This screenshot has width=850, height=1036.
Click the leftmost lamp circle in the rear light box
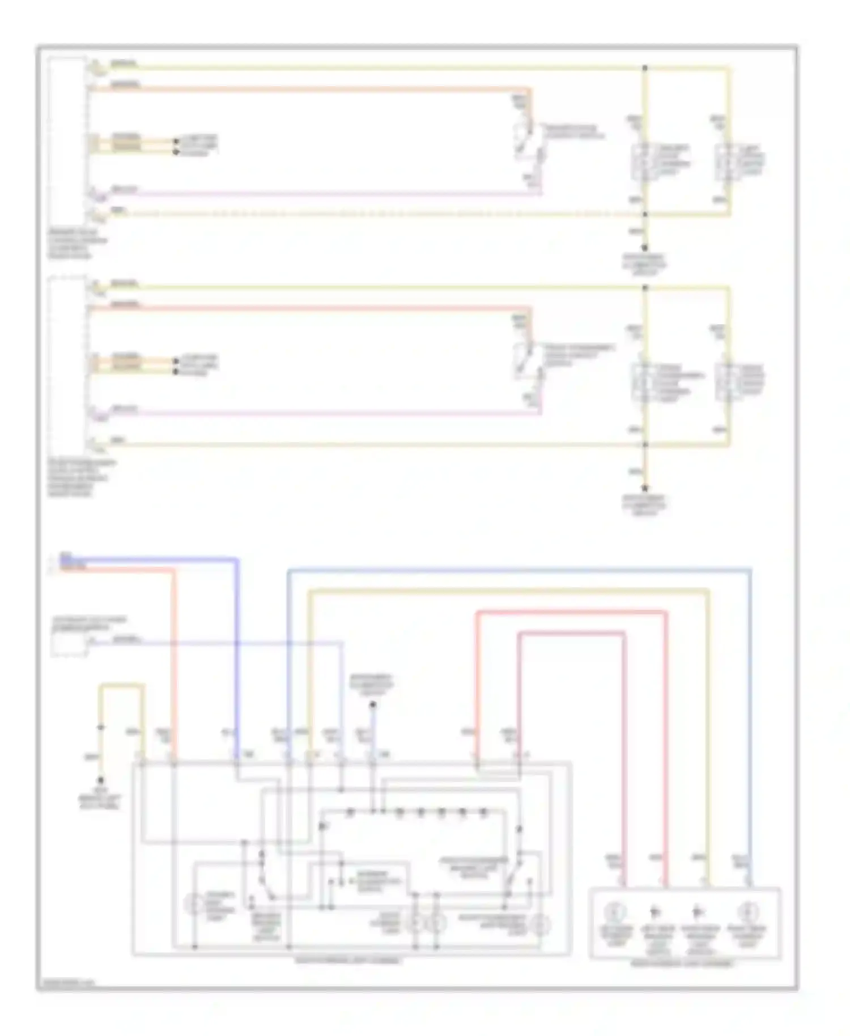(x=615, y=912)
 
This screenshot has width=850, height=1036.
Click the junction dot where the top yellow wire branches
(x=645, y=68)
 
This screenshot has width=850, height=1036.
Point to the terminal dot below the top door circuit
(x=645, y=248)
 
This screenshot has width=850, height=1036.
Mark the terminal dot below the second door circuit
(x=645, y=488)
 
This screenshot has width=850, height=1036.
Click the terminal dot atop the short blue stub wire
(x=372, y=705)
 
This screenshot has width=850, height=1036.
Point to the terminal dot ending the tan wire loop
(x=101, y=780)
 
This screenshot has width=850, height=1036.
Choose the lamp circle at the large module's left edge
(x=194, y=904)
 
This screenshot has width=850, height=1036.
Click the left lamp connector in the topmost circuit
(x=639, y=162)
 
